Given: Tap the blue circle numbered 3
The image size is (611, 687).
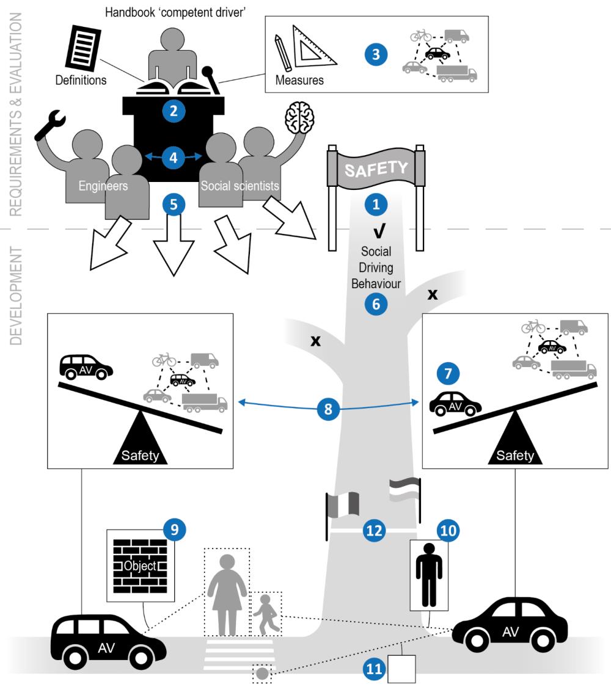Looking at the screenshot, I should pyautogui.click(x=376, y=53).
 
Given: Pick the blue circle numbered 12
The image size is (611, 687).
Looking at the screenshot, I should pyautogui.click(x=374, y=530).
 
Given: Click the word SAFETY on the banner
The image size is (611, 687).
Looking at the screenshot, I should pyautogui.click(x=375, y=168).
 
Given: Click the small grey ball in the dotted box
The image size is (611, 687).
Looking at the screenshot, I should pyautogui.click(x=263, y=674).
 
